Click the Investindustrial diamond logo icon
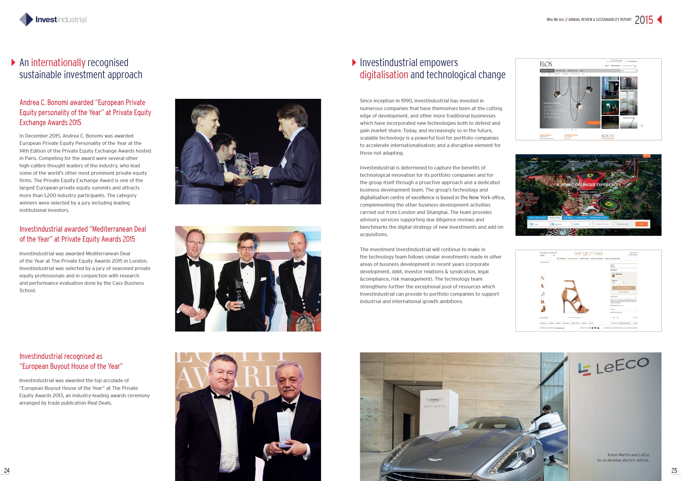coord(26,19)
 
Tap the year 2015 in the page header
coord(644,20)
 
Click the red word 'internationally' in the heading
coord(58,63)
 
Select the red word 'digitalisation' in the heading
coord(384,75)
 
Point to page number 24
coord(6,470)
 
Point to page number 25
coord(674,470)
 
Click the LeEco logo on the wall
coord(613,367)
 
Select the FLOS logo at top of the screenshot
coord(546,64)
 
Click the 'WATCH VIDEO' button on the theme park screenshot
coord(589,192)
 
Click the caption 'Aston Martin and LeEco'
coord(628,455)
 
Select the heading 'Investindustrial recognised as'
coord(61,356)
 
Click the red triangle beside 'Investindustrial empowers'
coord(354,63)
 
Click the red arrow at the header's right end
coord(659,19)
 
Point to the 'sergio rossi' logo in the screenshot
coord(588,253)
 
